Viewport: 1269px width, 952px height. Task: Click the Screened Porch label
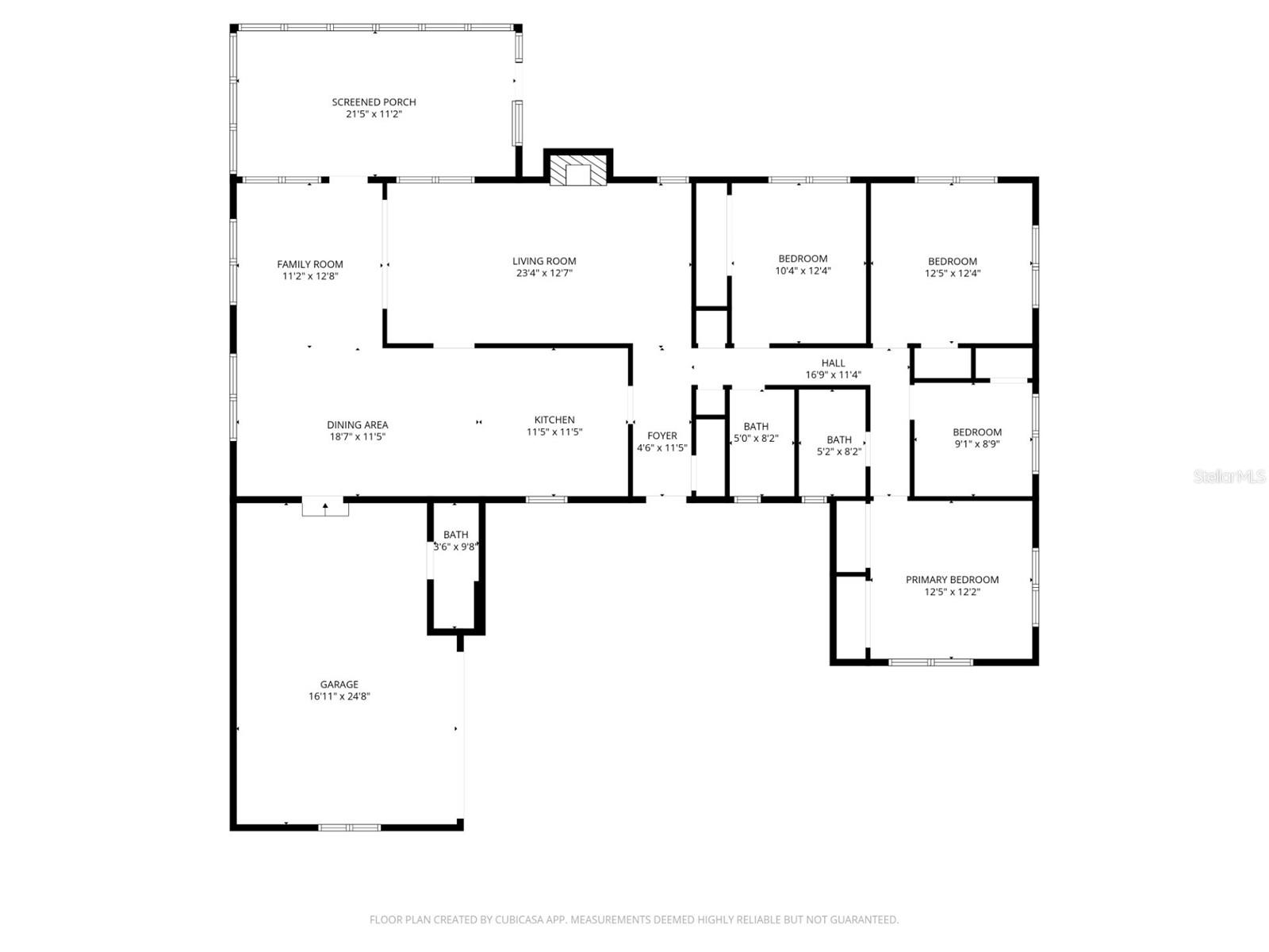(x=374, y=102)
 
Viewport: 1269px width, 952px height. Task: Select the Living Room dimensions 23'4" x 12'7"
(x=544, y=273)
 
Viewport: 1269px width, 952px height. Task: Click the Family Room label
(x=310, y=264)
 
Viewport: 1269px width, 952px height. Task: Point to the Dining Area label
(x=358, y=424)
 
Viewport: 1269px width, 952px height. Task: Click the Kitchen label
(x=554, y=420)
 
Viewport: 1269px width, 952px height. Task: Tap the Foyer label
(x=662, y=436)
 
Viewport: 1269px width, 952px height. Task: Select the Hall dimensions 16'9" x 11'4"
(x=833, y=374)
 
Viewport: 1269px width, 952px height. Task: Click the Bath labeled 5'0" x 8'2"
(x=756, y=427)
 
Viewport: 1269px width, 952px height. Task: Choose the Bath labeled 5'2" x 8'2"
(x=839, y=440)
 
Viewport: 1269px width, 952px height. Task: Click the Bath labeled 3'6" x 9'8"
(x=456, y=535)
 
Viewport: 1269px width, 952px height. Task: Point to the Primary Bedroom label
(x=952, y=580)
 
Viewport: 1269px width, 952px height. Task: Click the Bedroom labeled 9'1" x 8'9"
(x=976, y=432)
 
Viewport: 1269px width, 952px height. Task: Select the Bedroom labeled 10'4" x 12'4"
(x=803, y=259)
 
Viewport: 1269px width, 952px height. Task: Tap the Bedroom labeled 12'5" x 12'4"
(x=953, y=261)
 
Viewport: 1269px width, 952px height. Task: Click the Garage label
(x=339, y=684)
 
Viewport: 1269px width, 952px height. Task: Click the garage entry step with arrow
(x=325, y=507)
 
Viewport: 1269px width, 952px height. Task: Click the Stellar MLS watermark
(x=1229, y=476)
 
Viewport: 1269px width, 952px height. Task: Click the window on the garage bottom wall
(x=350, y=827)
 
